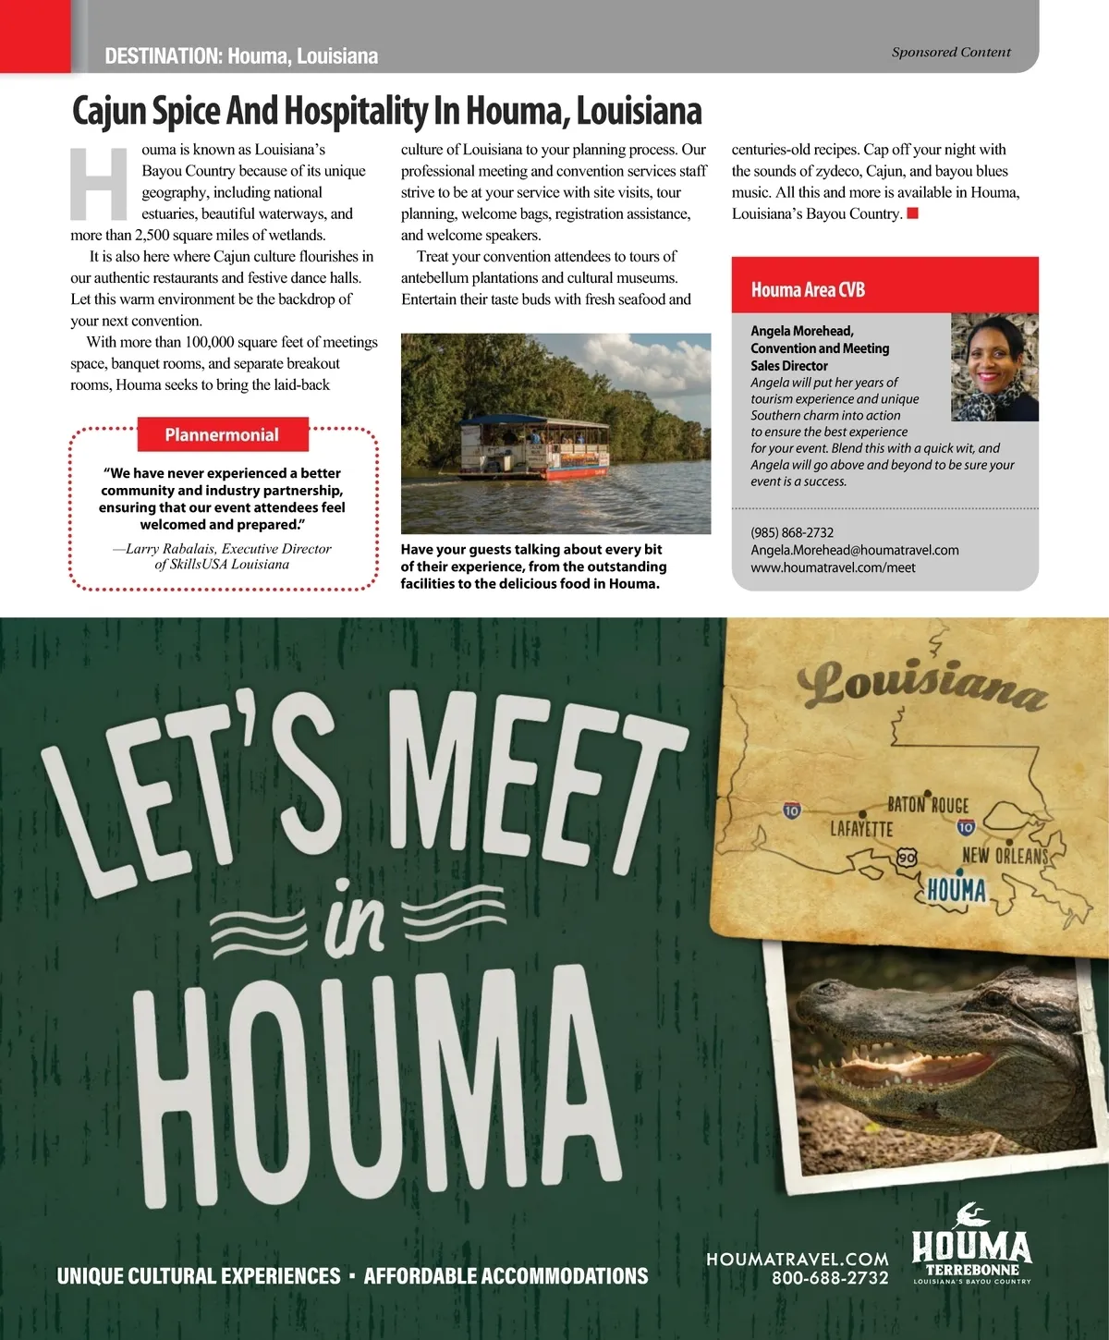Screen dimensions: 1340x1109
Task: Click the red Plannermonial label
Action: coord(222,435)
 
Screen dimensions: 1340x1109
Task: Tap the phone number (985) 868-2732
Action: coord(792,532)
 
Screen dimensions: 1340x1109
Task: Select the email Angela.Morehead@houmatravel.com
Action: coord(854,550)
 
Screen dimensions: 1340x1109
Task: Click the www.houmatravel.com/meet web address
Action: coord(833,567)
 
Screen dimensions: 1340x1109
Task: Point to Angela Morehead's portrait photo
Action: coord(994,367)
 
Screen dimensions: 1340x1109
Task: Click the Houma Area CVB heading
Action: coord(808,289)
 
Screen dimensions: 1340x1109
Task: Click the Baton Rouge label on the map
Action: coord(928,805)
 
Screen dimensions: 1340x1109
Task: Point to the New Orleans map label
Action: coord(1005,856)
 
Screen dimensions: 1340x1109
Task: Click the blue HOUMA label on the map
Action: coord(957,890)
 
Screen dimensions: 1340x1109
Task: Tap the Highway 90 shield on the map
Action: coord(907,858)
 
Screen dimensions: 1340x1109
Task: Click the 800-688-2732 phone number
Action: coord(830,1278)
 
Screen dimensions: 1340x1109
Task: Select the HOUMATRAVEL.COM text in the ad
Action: coord(797,1259)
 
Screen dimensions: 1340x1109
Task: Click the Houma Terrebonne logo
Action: coord(971,1255)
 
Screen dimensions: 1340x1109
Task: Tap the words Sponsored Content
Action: coord(951,53)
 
